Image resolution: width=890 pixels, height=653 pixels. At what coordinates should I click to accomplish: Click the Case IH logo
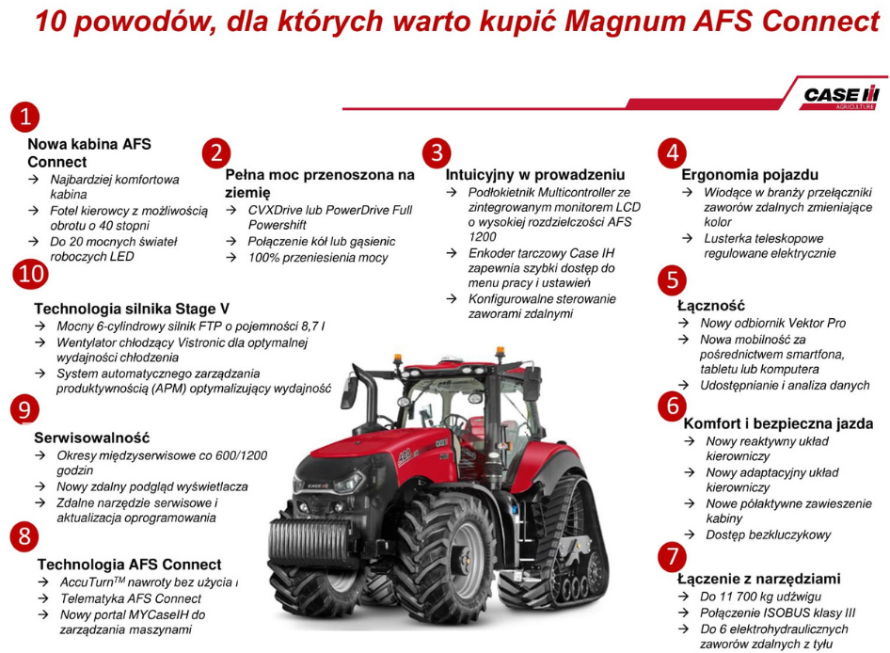click(x=841, y=97)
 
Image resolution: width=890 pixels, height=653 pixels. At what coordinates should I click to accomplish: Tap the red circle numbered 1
click(x=25, y=117)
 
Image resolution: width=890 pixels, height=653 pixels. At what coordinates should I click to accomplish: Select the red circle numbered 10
click(x=31, y=274)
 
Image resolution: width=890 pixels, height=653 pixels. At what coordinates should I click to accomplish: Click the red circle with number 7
click(x=673, y=557)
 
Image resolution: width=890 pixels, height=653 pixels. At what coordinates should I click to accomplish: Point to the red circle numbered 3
click(x=437, y=153)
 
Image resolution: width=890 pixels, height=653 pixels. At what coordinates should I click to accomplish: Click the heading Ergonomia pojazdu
click(x=750, y=175)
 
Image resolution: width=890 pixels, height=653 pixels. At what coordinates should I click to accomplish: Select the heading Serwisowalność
click(x=92, y=438)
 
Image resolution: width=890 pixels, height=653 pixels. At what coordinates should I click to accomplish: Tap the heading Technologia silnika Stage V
click(x=132, y=309)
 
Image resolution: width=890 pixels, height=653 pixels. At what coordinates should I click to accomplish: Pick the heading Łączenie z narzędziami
click(x=759, y=579)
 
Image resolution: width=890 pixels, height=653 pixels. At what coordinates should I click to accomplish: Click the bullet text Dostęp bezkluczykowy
click(x=768, y=534)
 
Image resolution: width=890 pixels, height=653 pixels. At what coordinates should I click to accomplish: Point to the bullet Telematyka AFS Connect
click(x=131, y=598)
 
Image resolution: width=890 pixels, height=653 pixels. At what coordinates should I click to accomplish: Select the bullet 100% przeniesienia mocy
click(x=318, y=258)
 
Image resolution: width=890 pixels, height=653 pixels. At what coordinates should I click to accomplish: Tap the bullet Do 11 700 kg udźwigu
click(x=760, y=597)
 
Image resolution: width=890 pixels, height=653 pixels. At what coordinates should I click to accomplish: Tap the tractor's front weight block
click(x=307, y=536)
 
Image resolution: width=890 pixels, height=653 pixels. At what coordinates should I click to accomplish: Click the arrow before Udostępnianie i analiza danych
click(x=685, y=386)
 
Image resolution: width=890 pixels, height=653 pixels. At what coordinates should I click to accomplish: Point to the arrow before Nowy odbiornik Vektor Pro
click(x=685, y=323)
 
